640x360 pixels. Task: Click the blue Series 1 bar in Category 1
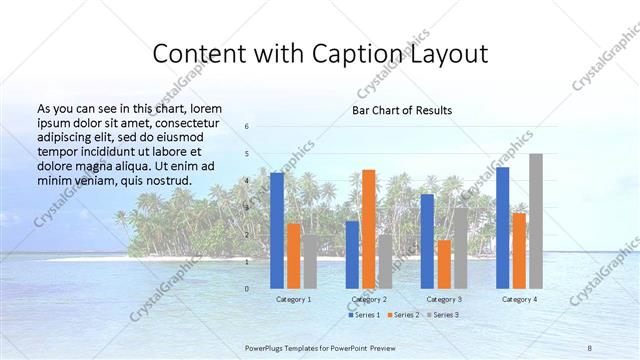[x=277, y=230]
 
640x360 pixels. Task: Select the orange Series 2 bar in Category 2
[x=369, y=229]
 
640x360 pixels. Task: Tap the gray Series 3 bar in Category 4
[x=536, y=221]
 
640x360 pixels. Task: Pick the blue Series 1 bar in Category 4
[x=502, y=228]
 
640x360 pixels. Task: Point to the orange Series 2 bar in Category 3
[x=444, y=264]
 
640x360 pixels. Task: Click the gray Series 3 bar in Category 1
[x=311, y=262]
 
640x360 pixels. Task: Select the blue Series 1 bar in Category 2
[x=352, y=255]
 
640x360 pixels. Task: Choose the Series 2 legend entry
[x=403, y=315]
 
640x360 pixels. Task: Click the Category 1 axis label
[x=294, y=299]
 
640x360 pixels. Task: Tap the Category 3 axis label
[x=444, y=299]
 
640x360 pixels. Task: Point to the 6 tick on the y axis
[x=247, y=127]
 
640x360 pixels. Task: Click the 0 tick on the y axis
[x=247, y=289]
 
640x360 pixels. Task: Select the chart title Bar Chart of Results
[x=402, y=110]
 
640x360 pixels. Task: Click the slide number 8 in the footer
[x=589, y=347]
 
